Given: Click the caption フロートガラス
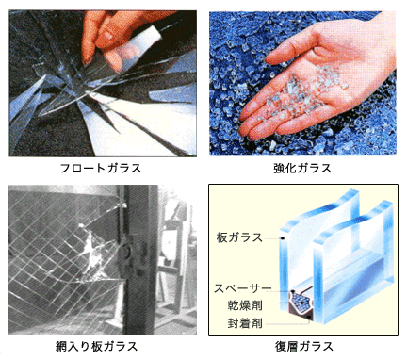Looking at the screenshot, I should (103, 169).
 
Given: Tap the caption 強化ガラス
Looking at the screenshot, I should (303, 169).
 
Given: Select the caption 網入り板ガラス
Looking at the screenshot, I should (103, 346).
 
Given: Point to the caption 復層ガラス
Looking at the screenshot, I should (303, 346).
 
